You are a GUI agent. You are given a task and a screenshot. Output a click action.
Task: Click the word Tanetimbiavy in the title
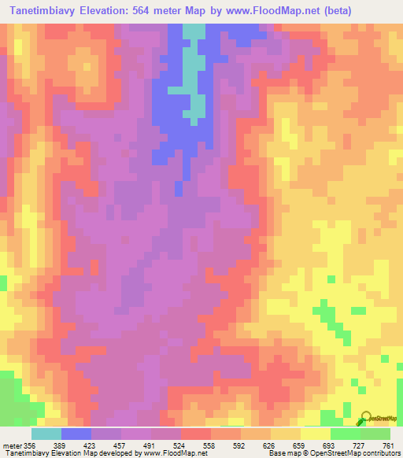pos(45,11)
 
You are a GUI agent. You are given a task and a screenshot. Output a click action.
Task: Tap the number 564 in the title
pos(146,11)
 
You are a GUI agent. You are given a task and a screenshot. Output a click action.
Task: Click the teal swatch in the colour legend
pos(46,434)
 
